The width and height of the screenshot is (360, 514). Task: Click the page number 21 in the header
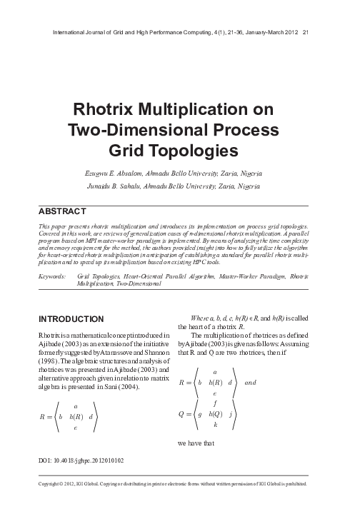point(306,32)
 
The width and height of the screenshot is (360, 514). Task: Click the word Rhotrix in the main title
point(109,111)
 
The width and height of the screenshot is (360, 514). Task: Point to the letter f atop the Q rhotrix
point(215,402)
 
